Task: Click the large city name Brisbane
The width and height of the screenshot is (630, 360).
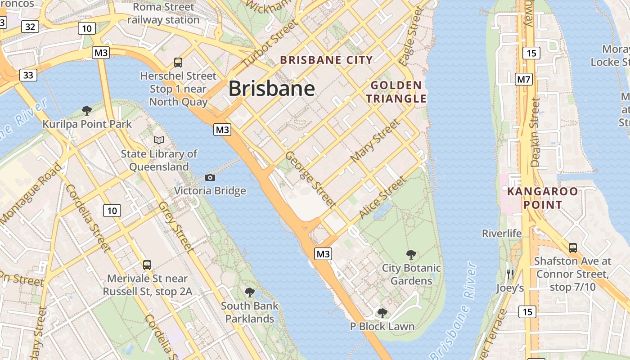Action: click(271, 89)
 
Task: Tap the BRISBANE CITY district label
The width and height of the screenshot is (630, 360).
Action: click(326, 60)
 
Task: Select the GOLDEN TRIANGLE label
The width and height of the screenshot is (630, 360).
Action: click(396, 92)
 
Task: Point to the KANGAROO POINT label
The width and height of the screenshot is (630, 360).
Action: click(542, 198)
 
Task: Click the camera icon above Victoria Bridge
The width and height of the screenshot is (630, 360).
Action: click(210, 178)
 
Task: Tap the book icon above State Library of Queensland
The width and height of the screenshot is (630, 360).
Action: click(159, 140)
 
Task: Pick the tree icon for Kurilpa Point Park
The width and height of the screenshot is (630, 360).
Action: click(87, 110)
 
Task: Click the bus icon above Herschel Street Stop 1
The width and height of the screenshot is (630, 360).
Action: click(178, 63)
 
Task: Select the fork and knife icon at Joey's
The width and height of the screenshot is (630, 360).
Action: click(510, 274)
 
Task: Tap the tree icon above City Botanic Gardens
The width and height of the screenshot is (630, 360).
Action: click(411, 255)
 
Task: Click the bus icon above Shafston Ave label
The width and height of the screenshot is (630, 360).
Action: click(572, 247)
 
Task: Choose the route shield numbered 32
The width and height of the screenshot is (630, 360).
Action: click(30, 27)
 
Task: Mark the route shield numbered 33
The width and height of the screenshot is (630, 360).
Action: click(28, 75)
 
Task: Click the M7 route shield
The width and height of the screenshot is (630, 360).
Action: click(524, 80)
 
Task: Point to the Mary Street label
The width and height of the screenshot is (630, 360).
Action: click(374, 141)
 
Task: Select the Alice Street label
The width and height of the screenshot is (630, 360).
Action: click(382, 198)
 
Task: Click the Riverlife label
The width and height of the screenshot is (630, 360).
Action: click(502, 234)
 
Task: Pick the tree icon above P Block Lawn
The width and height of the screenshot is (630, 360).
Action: click(382, 313)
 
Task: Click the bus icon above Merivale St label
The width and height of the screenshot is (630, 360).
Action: click(147, 265)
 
